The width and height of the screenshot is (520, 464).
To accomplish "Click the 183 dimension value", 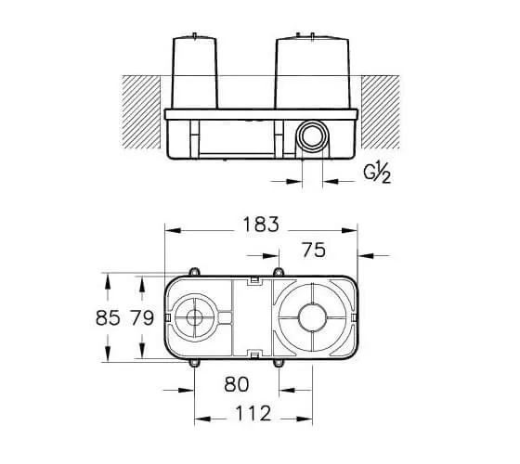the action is coord(261,225).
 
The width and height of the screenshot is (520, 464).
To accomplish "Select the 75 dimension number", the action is coord(314,251).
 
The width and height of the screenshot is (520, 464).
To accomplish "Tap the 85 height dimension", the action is coord(108,317).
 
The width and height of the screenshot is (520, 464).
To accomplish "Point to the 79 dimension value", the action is coord(142,317).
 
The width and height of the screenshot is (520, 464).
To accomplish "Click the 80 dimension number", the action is coord(237,384).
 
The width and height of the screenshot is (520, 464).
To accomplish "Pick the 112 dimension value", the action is coord(253,413).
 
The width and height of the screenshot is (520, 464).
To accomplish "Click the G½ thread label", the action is coord(377,174).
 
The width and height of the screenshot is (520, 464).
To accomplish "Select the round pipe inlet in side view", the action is coord(312,135).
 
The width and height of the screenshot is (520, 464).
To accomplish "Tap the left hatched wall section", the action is coord(141,112).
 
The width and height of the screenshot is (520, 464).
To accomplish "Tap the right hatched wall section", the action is coord(381,112).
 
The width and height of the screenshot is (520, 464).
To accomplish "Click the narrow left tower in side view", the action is coord(194,71).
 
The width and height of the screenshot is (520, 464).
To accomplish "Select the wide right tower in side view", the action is coord(312,71).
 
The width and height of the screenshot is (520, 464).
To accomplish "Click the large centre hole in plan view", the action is coord(312,317).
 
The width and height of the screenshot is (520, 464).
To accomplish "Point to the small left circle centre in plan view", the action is coord(194,317).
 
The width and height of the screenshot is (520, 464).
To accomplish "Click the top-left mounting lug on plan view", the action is coord(194,272).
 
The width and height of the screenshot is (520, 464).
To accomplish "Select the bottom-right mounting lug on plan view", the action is coord(279,363).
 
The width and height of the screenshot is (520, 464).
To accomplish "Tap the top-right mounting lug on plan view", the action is coord(279,272).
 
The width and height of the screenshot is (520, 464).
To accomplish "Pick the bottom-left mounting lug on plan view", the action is coord(194,363).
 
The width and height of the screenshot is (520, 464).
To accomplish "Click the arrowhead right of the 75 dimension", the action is coord(366,256).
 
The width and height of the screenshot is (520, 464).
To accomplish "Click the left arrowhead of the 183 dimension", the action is coord(173,230).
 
